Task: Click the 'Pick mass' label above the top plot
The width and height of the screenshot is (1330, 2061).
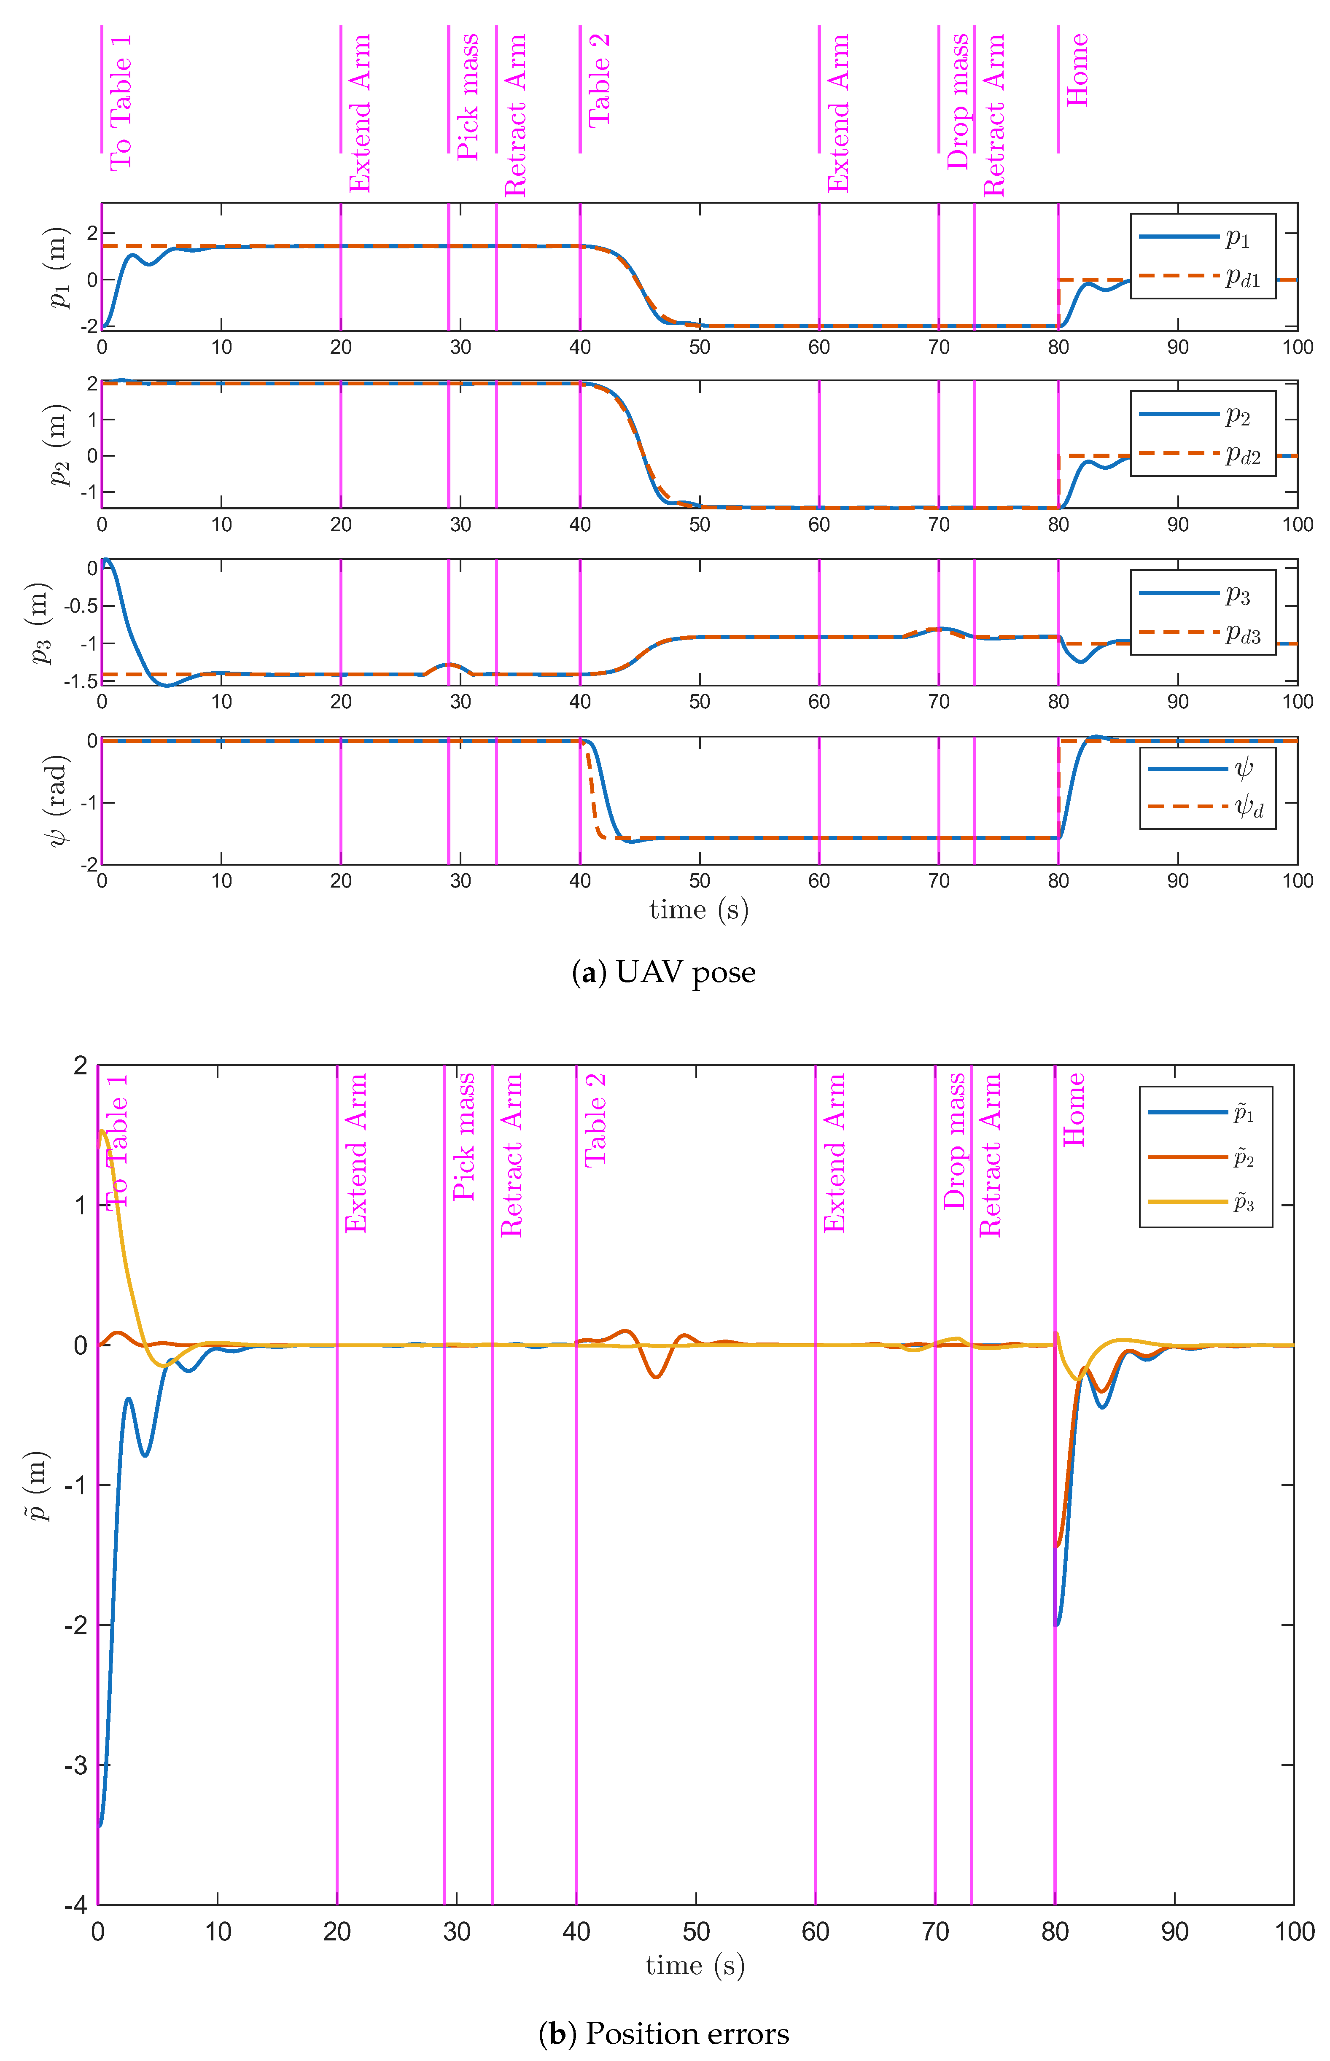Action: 467,97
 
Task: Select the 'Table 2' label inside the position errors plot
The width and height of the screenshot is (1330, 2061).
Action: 595,1120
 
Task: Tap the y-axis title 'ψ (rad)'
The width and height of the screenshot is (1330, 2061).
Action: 57,800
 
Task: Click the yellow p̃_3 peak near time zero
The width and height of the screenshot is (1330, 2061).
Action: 103,1131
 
